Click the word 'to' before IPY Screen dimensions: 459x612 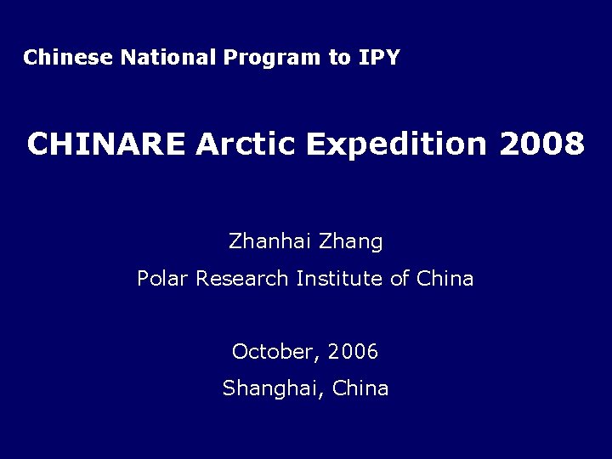point(339,58)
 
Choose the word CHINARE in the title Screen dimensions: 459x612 point(105,144)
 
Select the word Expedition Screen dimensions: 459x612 point(396,145)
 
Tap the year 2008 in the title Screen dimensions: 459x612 point(542,144)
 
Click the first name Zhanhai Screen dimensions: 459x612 point(269,241)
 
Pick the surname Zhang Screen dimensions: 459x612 point(351,243)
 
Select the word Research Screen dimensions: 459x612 point(242,278)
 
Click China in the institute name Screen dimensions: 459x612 point(445,278)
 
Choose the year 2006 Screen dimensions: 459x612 point(353,351)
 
